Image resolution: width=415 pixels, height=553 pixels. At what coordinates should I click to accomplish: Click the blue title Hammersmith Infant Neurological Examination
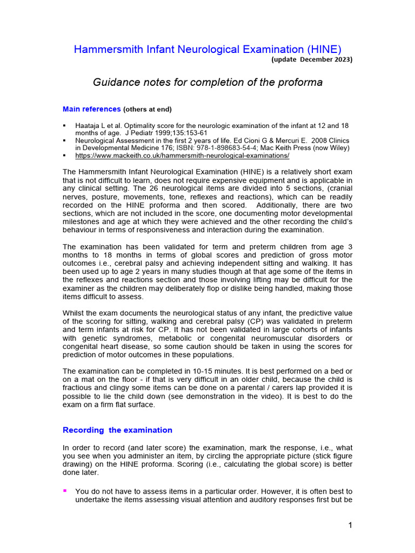pos(207,49)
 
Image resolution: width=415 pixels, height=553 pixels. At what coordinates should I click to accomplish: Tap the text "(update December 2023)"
pos(312,60)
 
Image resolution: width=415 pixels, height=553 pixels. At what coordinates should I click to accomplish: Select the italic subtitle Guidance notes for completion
pos(207,82)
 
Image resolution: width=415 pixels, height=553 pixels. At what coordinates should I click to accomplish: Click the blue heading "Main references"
pos(91,109)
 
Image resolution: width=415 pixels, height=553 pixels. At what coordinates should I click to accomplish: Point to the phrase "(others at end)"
pos(148,110)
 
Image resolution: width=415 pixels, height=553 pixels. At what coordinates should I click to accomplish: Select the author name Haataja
pos(89,125)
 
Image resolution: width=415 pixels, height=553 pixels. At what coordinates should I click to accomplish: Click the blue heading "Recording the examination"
pos(117,430)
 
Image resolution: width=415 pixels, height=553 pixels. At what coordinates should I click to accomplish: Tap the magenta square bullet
pos(65,491)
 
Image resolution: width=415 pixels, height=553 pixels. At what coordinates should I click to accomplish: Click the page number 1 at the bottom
pos(350,526)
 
